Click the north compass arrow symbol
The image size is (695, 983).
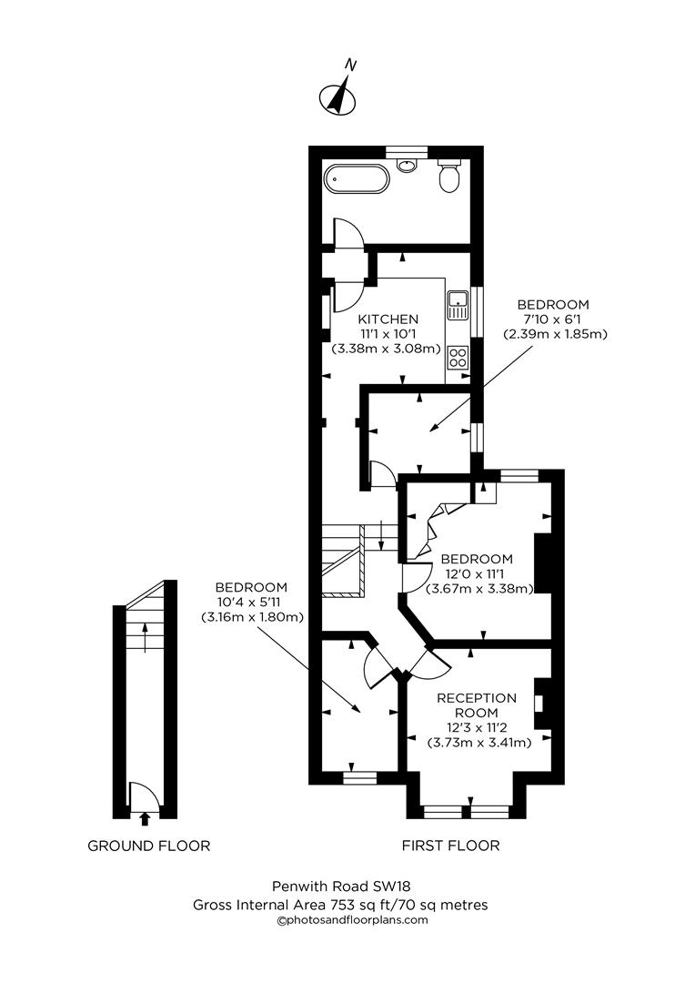tap(338, 95)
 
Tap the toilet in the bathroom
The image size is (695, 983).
tap(448, 177)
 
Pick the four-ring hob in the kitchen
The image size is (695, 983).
tap(458, 357)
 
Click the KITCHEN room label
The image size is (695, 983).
tap(388, 319)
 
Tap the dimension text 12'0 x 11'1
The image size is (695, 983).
tap(477, 573)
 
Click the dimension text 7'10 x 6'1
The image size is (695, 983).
tap(553, 319)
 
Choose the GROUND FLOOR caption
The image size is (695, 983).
tap(148, 846)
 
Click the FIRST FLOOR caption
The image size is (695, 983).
tap(450, 846)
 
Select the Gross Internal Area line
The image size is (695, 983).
tap(340, 905)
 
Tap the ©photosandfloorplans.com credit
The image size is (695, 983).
tap(351, 920)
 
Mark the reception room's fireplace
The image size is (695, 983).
tap(540, 704)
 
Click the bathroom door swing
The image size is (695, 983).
tap(348, 234)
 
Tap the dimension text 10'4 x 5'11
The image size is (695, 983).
tap(251, 602)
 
